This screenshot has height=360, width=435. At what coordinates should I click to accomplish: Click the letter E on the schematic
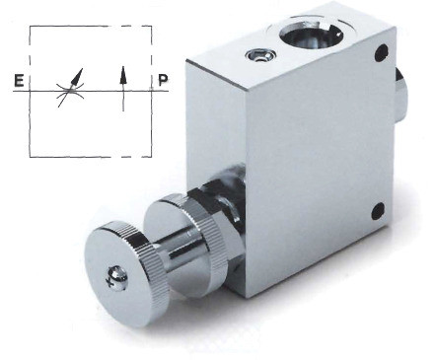coord(20,81)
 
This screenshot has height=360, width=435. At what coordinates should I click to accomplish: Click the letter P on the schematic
coord(163,80)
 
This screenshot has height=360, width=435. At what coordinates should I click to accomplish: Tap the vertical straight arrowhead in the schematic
coord(123,74)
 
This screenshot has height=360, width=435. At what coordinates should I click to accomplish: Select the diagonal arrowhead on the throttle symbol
coord(77,76)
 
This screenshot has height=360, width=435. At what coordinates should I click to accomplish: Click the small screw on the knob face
coord(117,279)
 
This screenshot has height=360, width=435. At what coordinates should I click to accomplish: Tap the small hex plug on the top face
coord(260,55)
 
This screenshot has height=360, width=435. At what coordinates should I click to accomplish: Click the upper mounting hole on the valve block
coord(381,52)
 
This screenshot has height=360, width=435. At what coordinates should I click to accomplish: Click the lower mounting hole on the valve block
coord(378,211)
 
